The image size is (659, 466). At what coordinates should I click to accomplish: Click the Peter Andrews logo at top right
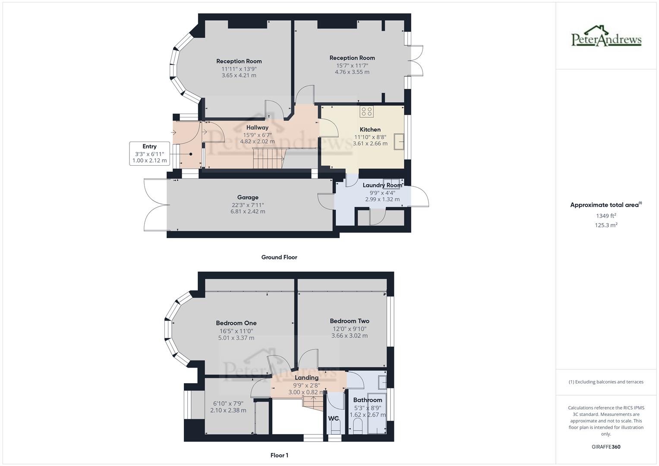tap(606, 36)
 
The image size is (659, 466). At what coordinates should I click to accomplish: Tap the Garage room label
tap(248, 197)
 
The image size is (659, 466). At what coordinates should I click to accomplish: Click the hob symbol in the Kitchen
tap(367, 111)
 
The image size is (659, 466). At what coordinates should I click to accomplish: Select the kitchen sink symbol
tap(399, 142)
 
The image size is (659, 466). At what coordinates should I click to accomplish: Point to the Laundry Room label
tap(382, 185)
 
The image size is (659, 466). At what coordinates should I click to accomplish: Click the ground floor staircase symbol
tap(267, 158)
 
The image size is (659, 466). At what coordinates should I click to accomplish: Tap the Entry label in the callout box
tap(149, 146)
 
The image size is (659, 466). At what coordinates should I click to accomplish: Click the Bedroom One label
tap(236, 323)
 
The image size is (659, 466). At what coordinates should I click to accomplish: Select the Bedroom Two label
tap(349, 321)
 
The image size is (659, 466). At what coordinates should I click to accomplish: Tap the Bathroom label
tap(367, 400)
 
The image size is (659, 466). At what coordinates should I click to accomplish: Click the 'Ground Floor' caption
tap(279, 257)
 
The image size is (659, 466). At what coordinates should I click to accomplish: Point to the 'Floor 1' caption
tap(279, 455)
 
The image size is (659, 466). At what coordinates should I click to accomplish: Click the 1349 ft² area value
tap(606, 216)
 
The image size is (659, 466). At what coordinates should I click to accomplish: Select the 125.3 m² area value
tap(606, 225)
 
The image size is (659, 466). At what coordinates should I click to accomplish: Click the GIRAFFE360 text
tap(606, 447)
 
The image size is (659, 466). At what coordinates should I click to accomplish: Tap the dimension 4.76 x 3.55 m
tap(352, 72)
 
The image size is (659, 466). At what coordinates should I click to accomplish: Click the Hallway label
tap(257, 127)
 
